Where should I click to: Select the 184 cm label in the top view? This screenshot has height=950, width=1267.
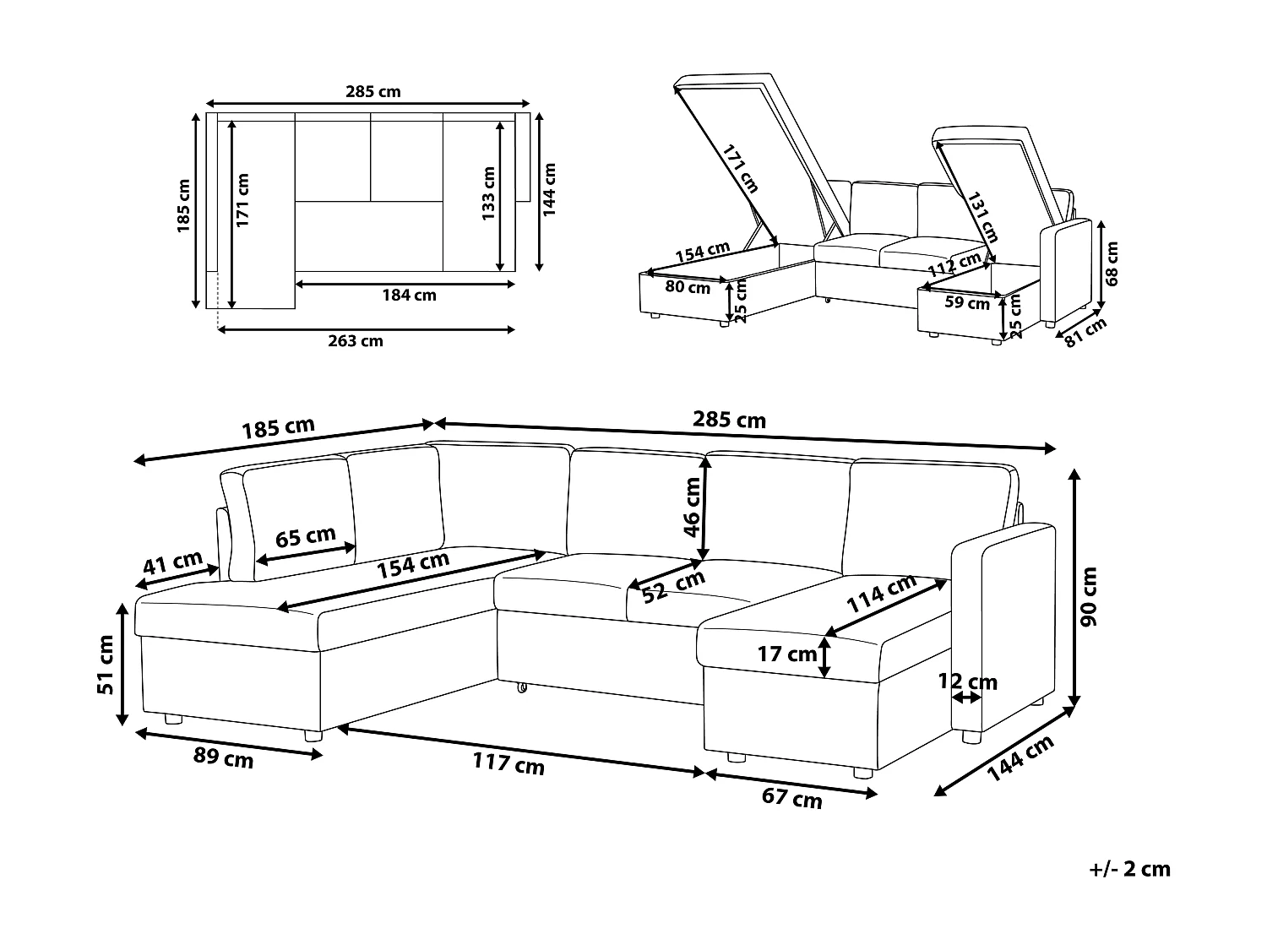click(409, 296)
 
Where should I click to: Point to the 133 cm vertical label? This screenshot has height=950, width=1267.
click(488, 193)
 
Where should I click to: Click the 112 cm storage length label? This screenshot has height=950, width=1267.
click(954, 265)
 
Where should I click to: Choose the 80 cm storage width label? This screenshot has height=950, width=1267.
click(688, 287)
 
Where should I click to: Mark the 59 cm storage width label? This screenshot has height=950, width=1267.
click(967, 302)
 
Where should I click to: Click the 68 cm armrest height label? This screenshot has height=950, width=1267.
click(1112, 263)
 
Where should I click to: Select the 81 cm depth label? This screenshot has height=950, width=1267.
click(1085, 333)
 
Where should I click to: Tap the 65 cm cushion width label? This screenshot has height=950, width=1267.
click(306, 537)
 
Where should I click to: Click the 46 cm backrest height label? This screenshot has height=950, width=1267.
click(693, 508)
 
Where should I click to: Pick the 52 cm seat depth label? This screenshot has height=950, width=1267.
click(673, 586)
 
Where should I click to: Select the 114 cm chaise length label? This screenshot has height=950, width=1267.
click(882, 594)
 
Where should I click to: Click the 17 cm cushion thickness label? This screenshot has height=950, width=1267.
click(788, 654)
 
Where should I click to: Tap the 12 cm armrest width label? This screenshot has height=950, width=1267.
click(968, 681)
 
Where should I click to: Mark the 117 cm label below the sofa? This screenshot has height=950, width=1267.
click(508, 764)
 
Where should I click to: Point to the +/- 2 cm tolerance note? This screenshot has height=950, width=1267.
click(1130, 869)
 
